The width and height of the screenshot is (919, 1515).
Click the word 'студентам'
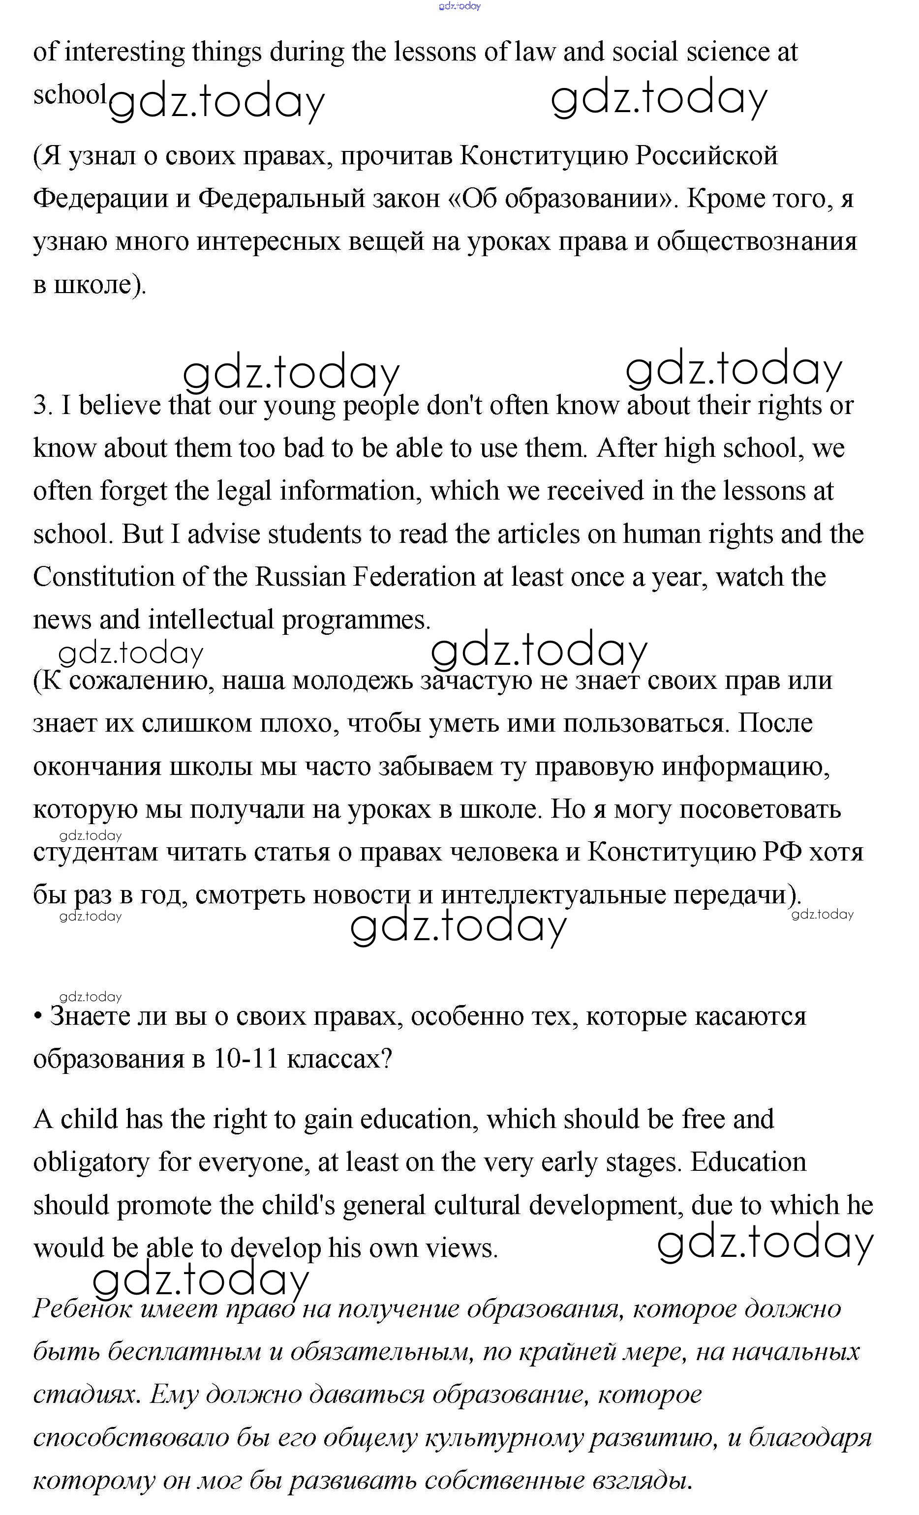click(95, 853)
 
